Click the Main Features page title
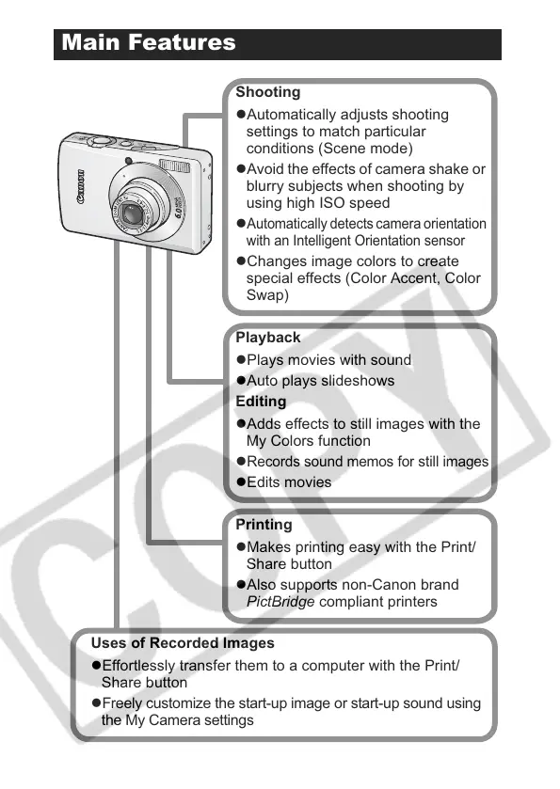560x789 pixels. [x=149, y=42]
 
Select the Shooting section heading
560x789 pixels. [x=268, y=92]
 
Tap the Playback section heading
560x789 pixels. [x=268, y=338]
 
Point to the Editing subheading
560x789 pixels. [x=261, y=401]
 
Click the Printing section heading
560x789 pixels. [x=264, y=525]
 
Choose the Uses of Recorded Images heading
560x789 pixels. [x=183, y=642]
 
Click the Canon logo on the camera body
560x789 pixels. [x=81, y=187]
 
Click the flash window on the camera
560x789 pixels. [x=174, y=165]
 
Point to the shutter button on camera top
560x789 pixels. [x=102, y=141]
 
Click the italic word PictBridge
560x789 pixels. [x=280, y=602]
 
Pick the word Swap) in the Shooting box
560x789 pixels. [x=267, y=295]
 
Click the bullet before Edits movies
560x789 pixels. [x=241, y=482]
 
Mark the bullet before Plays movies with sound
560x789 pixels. [x=241, y=360]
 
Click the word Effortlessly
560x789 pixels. [x=139, y=665]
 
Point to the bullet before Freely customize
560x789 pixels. [x=96, y=703]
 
